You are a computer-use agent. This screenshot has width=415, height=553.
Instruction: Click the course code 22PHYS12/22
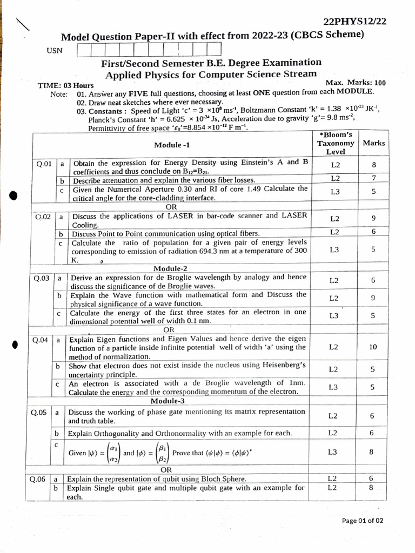pos(354,22)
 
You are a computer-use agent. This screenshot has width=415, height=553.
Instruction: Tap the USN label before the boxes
pos(55,51)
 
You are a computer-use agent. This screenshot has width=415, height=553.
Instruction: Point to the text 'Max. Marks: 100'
pos(356,83)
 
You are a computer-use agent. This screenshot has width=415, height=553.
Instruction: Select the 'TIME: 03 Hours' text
pos(65,85)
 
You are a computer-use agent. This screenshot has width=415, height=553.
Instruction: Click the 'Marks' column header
pos(373,143)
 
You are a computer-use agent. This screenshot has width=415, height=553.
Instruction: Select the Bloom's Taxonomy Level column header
pos(336,143)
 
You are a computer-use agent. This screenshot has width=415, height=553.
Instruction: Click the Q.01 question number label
pos(43,164)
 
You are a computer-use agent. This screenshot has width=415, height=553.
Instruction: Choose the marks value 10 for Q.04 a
pos(373,347)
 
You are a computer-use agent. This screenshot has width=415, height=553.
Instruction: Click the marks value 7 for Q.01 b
pos(373,178)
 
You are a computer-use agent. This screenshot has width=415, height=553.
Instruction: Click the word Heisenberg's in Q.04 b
pos(280,366)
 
